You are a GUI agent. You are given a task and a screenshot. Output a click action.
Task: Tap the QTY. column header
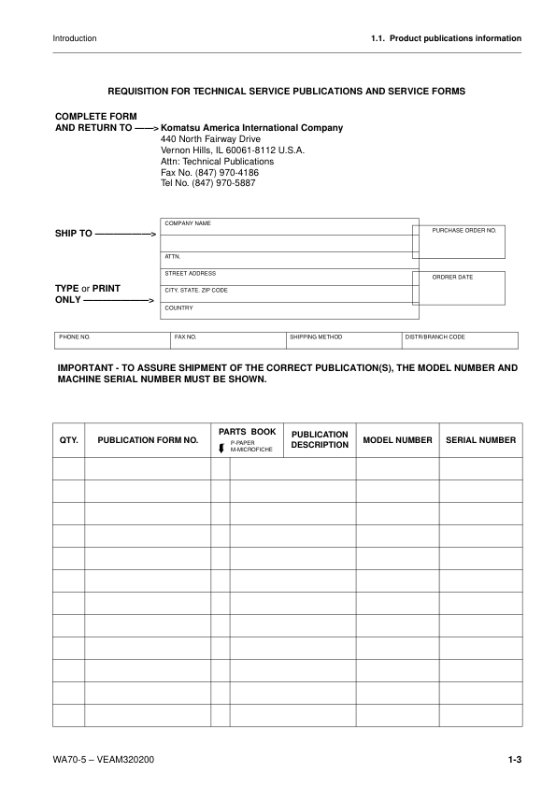[x=68, y=439]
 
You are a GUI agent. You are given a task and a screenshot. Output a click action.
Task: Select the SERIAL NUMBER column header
[x=481, y=439]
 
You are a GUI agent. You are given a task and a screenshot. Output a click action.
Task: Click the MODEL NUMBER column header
[x=397, y=439]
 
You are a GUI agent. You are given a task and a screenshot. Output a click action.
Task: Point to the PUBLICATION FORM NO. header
[x=148, y=439]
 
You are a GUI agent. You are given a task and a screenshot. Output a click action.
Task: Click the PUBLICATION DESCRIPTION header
[x=320, y=439]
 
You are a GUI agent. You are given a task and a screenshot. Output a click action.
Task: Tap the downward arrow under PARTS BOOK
[x=221, y=448]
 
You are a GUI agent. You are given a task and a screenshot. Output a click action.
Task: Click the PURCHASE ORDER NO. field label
[x=463, y=230]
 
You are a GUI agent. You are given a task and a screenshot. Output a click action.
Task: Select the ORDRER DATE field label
[x=452, y=278]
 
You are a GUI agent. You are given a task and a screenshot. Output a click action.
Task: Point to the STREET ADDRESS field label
[x=190, y=274]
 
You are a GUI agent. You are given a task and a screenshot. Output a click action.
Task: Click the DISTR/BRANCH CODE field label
[x=435, y=336]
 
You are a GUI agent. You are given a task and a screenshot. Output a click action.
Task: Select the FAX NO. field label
[x=185, y=336]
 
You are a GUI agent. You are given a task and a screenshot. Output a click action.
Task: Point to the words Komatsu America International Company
[x=252, y=128]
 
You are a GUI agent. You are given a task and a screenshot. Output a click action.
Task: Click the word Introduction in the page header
[x=75, y=38]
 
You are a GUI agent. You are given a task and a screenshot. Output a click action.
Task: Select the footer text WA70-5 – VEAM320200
[x=104, y=760]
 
